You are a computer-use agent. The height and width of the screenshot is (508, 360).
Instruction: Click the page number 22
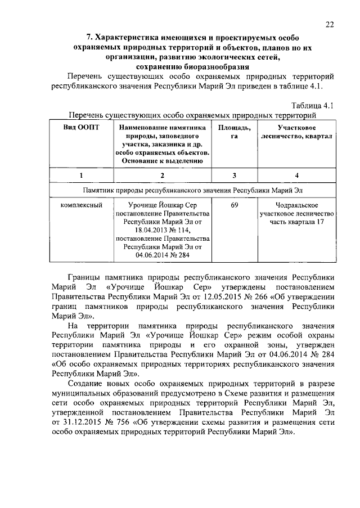pos(330,24)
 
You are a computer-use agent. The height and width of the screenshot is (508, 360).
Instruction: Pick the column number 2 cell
pos(162,176)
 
